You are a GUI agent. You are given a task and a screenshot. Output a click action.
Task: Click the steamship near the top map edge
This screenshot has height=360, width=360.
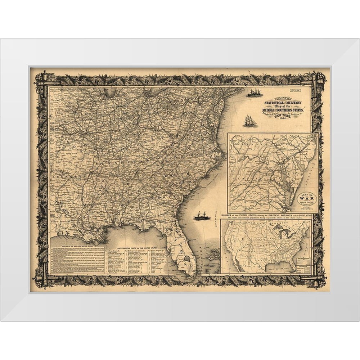click(x=254, y=93)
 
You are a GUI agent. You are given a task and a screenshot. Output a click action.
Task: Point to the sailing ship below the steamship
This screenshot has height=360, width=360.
click(x=249, y=121)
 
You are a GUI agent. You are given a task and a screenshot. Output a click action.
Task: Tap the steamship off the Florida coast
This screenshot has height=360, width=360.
click(x=202, y=216)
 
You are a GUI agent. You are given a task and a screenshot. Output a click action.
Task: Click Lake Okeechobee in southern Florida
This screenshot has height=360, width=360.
click(x=187, y=258)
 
